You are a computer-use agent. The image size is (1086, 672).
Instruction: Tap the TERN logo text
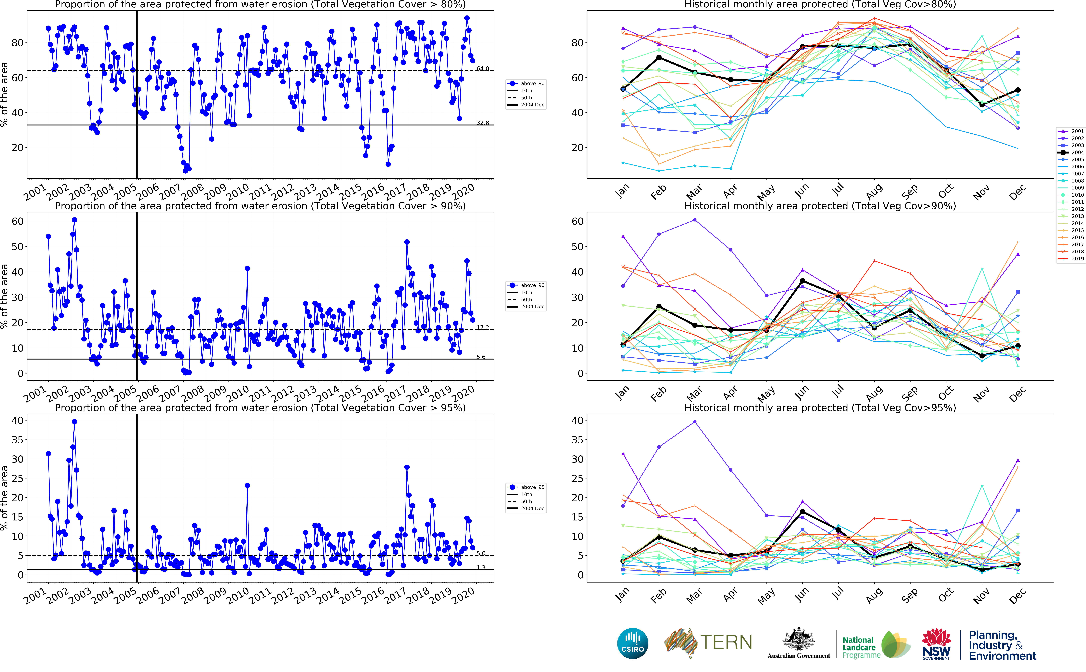point(726,642)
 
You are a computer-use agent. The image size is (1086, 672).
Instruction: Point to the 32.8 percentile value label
point(482,123)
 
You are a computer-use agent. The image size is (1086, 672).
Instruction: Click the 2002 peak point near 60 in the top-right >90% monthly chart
point(694,220)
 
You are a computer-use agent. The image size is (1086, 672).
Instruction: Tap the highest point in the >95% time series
point(74,422)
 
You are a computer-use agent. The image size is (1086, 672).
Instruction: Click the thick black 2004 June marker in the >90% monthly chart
point(802,281)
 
